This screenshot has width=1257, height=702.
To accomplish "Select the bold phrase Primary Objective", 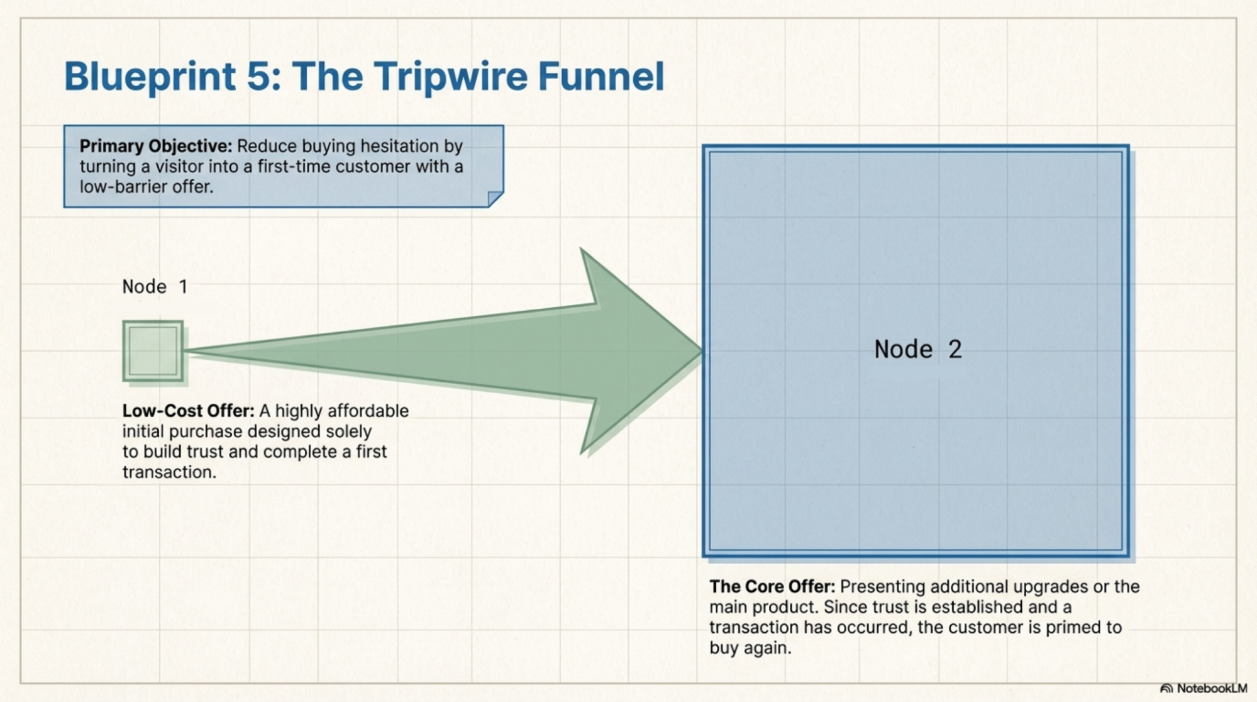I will (155, 146).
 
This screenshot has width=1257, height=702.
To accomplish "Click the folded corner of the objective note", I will (496, 199).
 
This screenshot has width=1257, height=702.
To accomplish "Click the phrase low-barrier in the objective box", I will (123, 187).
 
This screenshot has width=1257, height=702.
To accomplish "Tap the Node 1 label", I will (155, 287).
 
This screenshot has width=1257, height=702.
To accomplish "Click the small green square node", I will (153, 351).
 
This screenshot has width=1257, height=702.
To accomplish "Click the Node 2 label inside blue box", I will (917, 349).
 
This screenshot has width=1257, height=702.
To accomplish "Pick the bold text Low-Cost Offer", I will (188, 411).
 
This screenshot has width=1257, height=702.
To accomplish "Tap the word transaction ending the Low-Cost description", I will (168, 472).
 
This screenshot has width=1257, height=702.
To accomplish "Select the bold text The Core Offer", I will (772, 586).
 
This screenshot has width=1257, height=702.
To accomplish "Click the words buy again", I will (749, 648).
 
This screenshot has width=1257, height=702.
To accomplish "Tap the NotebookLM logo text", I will (1210, 688).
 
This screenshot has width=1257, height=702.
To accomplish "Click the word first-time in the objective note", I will (294, 167).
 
